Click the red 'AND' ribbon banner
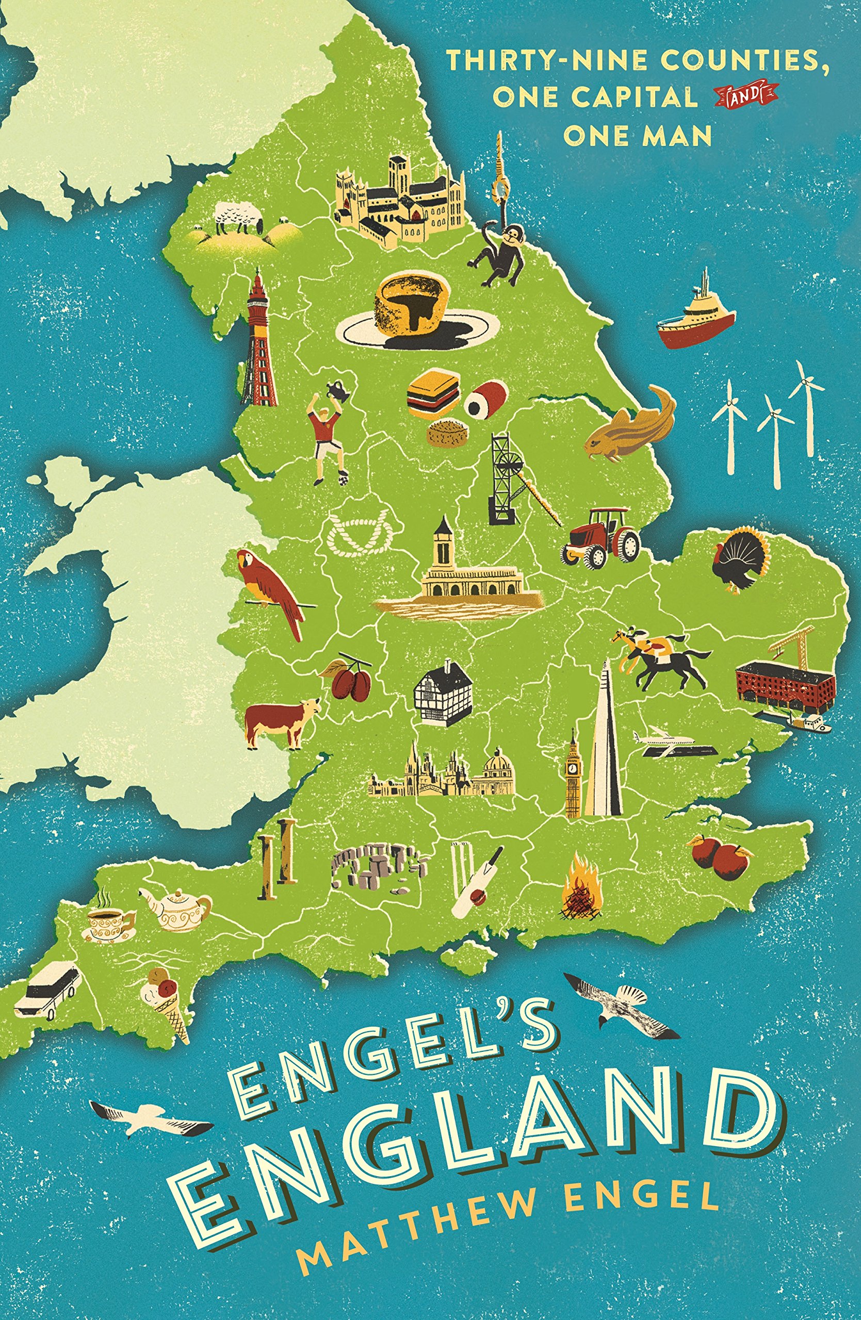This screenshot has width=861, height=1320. [x=745, y=97]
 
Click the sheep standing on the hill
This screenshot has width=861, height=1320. [x=238, y=216]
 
